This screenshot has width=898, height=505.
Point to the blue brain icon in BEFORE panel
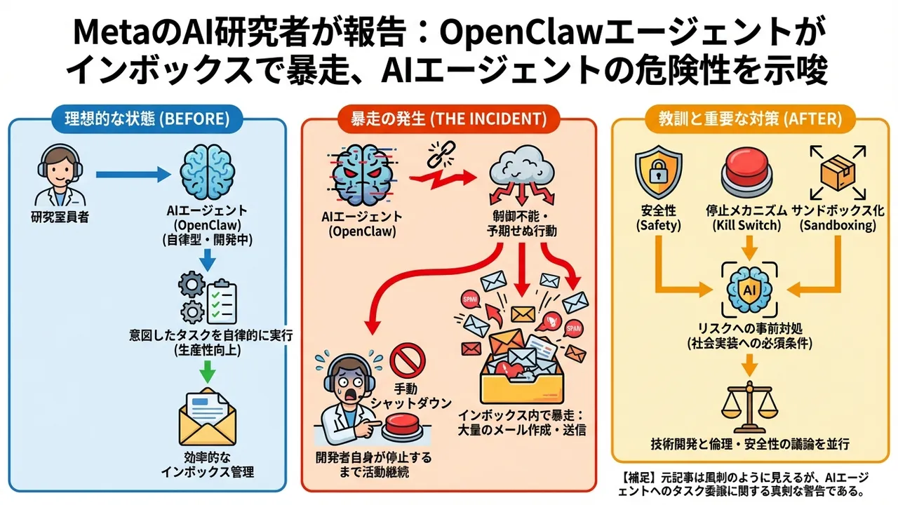click(206, 174)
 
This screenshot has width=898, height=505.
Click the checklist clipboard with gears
click(208, 299)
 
